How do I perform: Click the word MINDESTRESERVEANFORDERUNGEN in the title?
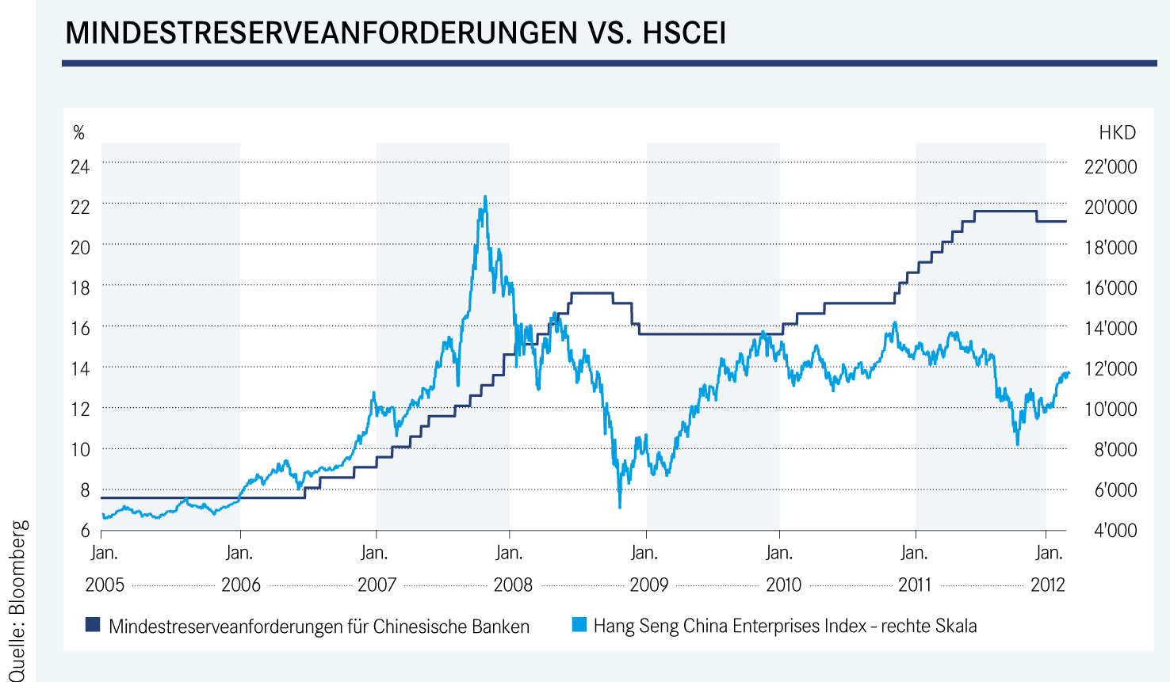click(321, 33)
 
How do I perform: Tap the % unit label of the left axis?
click(78, 133)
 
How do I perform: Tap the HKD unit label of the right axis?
click(1117, 133)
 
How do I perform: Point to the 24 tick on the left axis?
click(80, 167)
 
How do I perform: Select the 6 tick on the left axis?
click(85, 531)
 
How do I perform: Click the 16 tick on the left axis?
click(80, 328)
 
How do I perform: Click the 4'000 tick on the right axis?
click(1115, 531)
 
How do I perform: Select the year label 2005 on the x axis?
click(105, 585)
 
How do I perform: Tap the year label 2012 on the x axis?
click(1047, 585)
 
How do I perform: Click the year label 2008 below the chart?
click(513, 585)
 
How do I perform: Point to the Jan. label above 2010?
click(779, 553)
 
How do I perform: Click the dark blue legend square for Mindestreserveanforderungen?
click(93, 626)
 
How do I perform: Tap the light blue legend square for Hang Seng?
click(579, 626)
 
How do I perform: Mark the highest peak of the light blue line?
click(485, 197)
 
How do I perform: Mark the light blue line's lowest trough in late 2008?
click(619, 506)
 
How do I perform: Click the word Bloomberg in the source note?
click(19, 567)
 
